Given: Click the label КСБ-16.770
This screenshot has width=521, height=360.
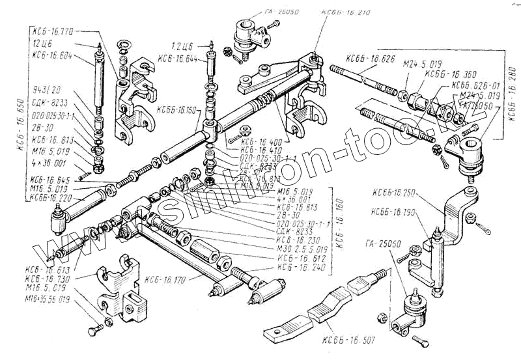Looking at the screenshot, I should [52, 30].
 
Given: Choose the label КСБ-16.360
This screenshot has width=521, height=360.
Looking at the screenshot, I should [442, 74].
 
